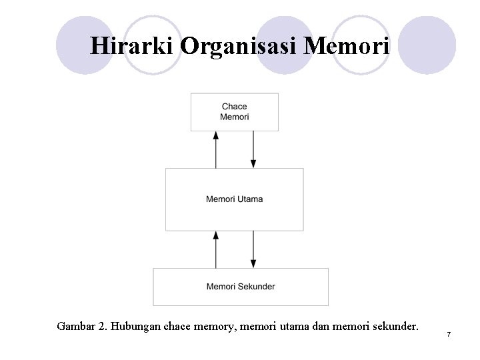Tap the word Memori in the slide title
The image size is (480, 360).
(x=346, y=45)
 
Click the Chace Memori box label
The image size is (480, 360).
(x=234, y=111)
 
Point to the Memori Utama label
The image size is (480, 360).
(x=234, y=199)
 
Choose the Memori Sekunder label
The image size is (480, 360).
(x=241, y=287)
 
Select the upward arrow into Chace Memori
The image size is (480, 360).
(x=215, y=149)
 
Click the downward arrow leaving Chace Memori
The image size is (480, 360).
(x=253, y=149)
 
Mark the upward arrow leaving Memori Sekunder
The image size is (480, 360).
(x=215, y=249)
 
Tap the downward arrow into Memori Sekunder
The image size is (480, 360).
(x=253, y=249)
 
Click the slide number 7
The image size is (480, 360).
(x=449, y=333)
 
